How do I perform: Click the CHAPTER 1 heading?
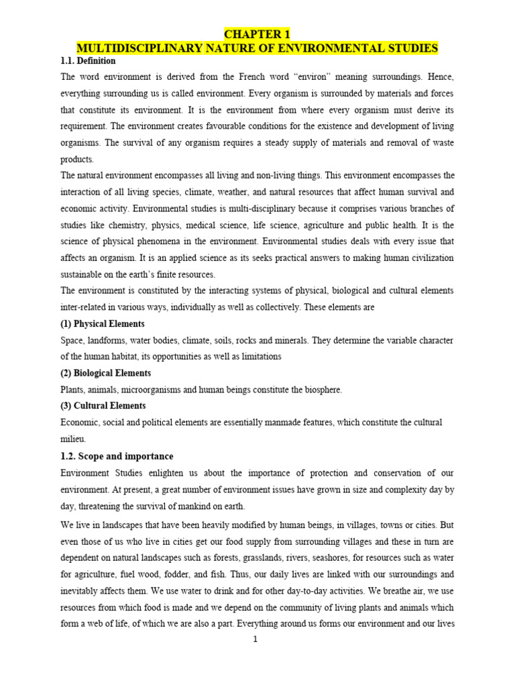(x=257, y=34)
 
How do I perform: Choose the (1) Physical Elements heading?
(x=103, y=323)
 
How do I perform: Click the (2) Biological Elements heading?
(x=105, y=372)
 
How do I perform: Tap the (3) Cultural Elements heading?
(x=103, y=405)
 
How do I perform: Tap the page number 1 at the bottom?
(x=255, y=639)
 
